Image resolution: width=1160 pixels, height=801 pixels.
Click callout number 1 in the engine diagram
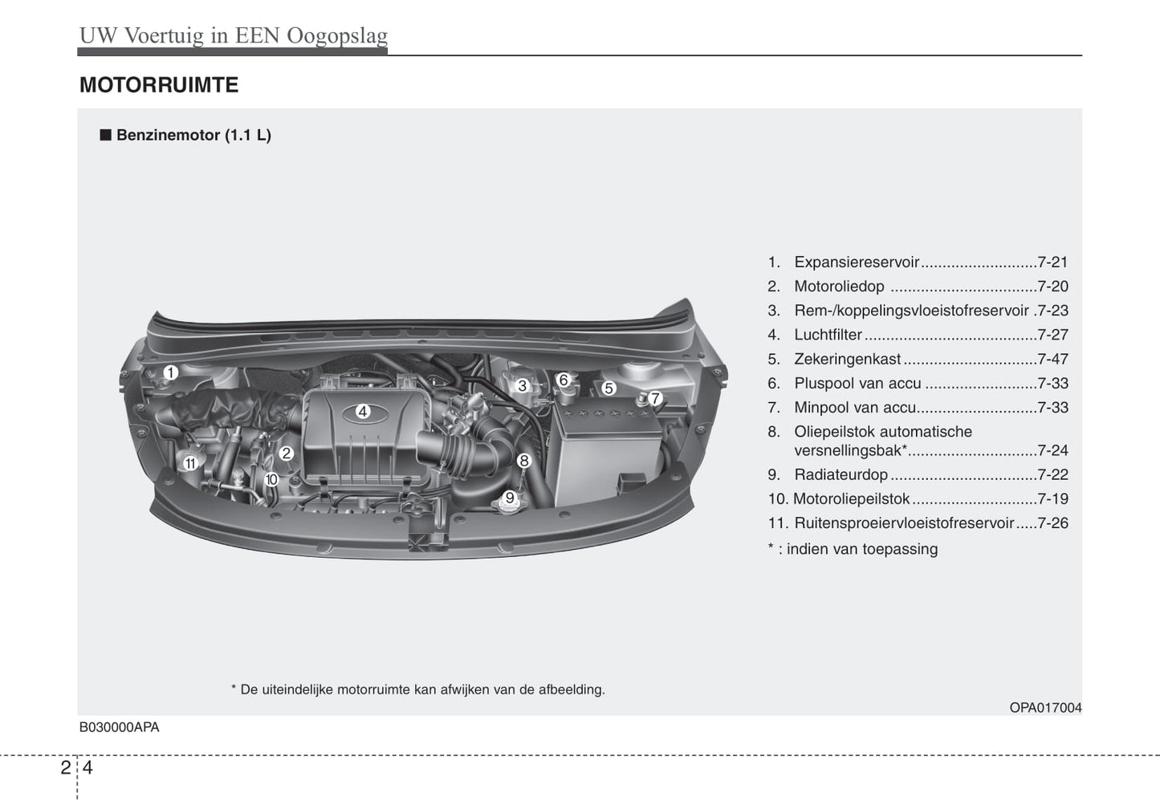tap(171, 372)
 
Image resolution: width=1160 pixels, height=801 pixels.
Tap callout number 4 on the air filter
tap(363, 412)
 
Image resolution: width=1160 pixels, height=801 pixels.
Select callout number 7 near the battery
tap(655, 398)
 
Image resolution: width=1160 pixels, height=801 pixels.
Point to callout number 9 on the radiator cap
tap(510, 498)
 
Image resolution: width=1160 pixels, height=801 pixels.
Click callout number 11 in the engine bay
tap(190, 463)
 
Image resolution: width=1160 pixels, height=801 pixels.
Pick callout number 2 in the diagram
tap(287, 453)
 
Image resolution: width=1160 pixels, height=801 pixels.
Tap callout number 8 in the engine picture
tap(524, 461)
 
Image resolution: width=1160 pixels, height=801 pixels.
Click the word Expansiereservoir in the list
tap(857, 262)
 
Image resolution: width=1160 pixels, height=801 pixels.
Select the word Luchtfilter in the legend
tap(828, 335)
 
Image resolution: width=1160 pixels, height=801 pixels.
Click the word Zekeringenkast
tap(847, 359)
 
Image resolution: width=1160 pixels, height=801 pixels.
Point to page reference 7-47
tap(1052, 359)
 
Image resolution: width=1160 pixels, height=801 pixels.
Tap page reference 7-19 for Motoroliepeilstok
tap(1052, 498)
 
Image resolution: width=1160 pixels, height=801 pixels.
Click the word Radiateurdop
tap(841, 474)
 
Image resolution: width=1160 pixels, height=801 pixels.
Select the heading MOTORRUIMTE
tap(159, 85)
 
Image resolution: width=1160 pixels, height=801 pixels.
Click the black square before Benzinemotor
tap(106, 135)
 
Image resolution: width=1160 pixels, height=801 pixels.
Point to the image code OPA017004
tap(1045, 708)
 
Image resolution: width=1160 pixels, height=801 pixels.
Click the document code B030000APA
tap(119, 727)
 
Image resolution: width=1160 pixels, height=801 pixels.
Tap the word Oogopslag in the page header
tap(337, 36)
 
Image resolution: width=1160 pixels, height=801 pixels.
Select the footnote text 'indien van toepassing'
tap(862, 549)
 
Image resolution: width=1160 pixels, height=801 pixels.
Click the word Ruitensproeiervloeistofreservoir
tap(904, 523)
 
